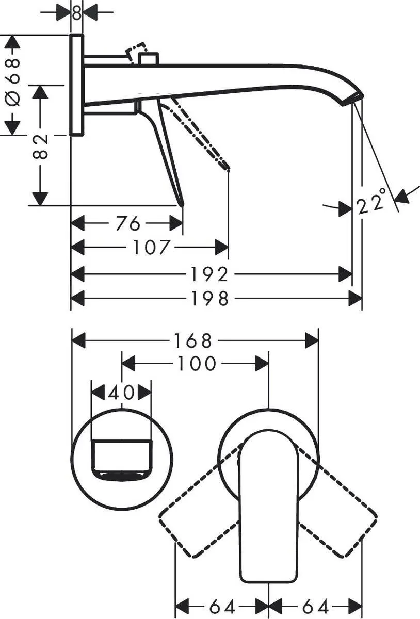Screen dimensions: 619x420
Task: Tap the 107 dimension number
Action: point(151,248)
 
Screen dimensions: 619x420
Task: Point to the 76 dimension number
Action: point(127,224)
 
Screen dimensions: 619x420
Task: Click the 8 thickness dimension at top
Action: point(76,12)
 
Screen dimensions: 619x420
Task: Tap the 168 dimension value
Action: point(192,341)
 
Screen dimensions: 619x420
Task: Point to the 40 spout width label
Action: point(121,393)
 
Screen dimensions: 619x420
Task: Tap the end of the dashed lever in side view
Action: point(227,168)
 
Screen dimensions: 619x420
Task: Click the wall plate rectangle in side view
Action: point(76,85)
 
